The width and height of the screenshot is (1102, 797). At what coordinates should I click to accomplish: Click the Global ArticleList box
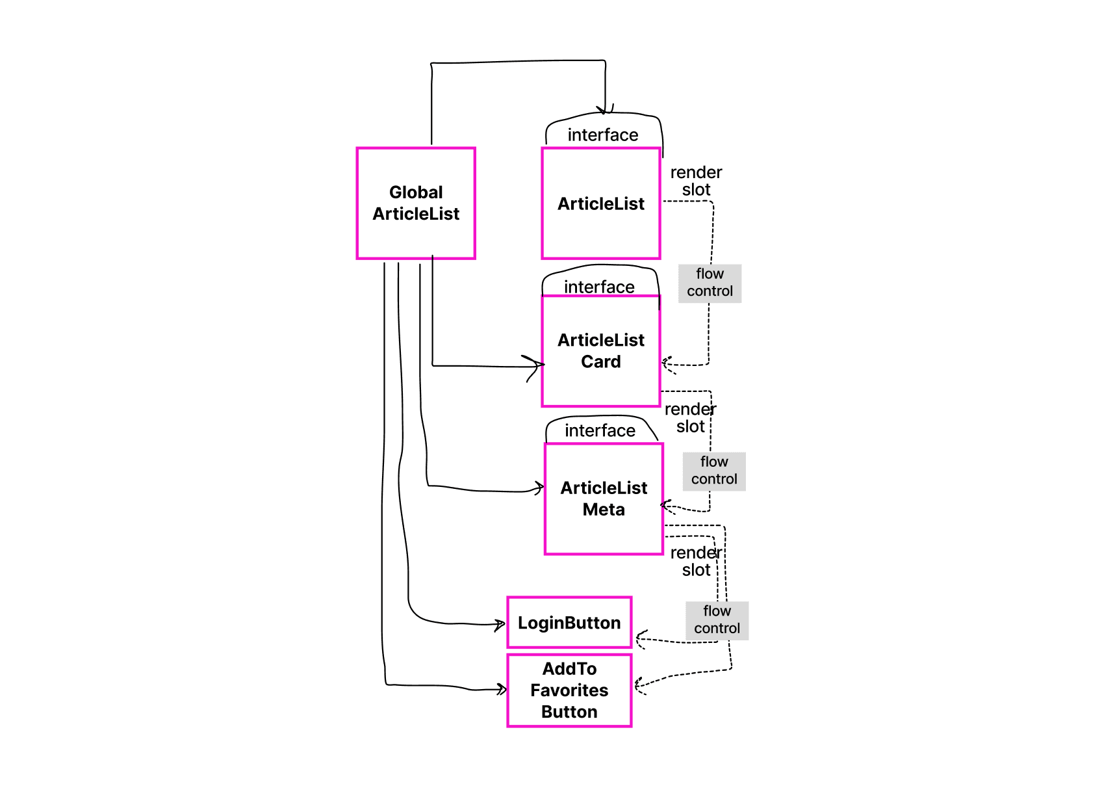[416, 203]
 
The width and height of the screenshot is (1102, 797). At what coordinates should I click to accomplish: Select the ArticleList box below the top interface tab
[601, 203]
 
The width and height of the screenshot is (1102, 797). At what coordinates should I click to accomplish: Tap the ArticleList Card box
[601, 351]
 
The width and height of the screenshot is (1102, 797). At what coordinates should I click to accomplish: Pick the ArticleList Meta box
[604, 499]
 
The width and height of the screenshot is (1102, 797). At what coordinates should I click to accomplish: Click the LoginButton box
[569, 623]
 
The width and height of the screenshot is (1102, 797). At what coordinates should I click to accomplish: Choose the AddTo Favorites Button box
[569, 690]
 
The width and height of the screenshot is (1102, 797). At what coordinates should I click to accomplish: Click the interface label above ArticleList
[603, 135]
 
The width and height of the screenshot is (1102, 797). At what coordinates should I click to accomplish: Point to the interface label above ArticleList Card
[599, 287]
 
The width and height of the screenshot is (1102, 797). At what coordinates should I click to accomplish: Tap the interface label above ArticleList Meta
[600, 430]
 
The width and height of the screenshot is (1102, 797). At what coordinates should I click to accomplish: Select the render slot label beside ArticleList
[696, 181]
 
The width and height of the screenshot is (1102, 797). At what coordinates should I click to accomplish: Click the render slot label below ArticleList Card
[690, 417]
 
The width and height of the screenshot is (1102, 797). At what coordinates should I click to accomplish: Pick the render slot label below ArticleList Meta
[696, 561]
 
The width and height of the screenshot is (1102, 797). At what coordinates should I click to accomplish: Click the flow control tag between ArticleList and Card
[710, 283]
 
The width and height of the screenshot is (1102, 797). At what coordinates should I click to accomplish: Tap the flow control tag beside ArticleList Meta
[714, 471]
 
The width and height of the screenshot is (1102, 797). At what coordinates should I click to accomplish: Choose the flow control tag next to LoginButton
[717, 620]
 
